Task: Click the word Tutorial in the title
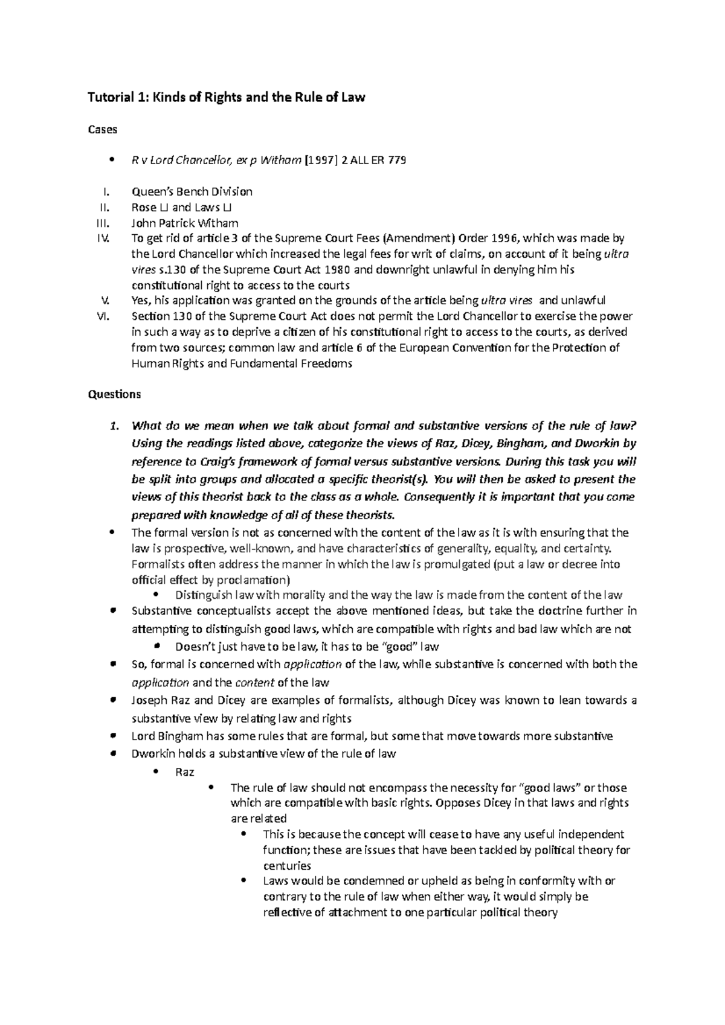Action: pyautogui.click(x=108, y=97)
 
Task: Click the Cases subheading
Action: pyautogui.click(x=103, y=129)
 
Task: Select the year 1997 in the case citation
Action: pyautogui.click(x=321, y=161)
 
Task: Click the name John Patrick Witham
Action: pyautogui.click(x=185, y=223)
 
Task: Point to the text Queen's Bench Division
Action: pyautogui.click(x=192, y=191)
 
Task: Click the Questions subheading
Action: pyautogui.click(x=114, y=394)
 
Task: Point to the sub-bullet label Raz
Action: pyautogui.click(x=184, y=772)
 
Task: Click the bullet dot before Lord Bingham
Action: pyautogui.click(x=113, y=736)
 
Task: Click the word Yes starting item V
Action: pyautogui.click(x=140, y=301)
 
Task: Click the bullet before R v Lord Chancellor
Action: pyautogui.click(x=112, y=161)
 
